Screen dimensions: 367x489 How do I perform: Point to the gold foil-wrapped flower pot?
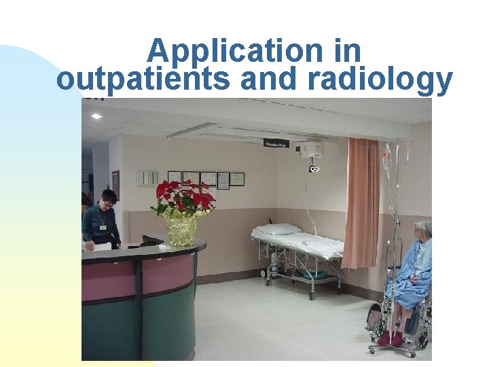[180, 230]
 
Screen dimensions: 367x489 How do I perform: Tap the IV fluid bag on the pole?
[386, 160]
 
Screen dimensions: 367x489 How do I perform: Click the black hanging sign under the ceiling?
[276, 143]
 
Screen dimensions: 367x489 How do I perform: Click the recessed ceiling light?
[96, 116]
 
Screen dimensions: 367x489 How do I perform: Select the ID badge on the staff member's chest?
[103, 227]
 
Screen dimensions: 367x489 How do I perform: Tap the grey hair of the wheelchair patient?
[423, 228]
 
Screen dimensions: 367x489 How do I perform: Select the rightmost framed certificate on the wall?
[237, 179]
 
